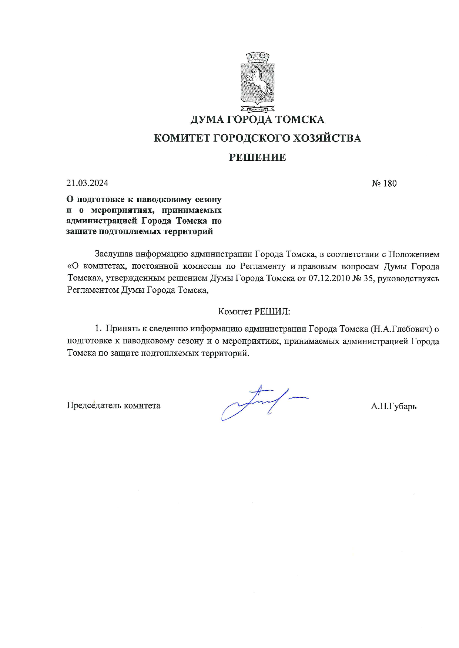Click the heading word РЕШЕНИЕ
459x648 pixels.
point(257,157)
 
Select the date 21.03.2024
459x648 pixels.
point(87,183)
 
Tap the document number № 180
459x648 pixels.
point(384,183)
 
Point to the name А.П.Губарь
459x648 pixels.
point(393,406)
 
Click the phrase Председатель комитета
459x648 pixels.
point(113,406)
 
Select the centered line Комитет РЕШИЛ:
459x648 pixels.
point(254,311)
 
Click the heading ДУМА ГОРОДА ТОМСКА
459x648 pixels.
point(257,120)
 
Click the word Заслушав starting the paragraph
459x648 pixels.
point(114,254)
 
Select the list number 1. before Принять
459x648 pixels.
point(98,329)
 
